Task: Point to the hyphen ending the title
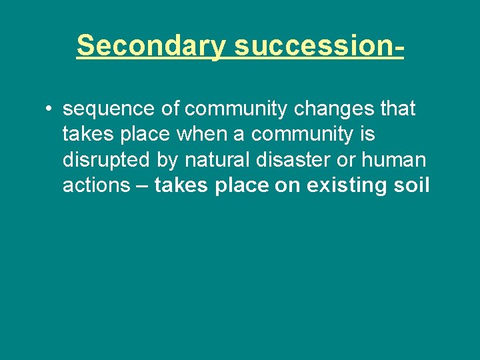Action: coord(399,46)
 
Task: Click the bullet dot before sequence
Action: coord(50,109)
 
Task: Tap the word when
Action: coord(211,134)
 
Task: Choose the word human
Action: coord(395,160)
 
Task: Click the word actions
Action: coord(96,186)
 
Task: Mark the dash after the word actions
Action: coord(142,186)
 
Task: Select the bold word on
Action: coord(287,186)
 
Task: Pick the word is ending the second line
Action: coord(367,134)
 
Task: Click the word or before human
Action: coord(350,160)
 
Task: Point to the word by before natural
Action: coord(169,160)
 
